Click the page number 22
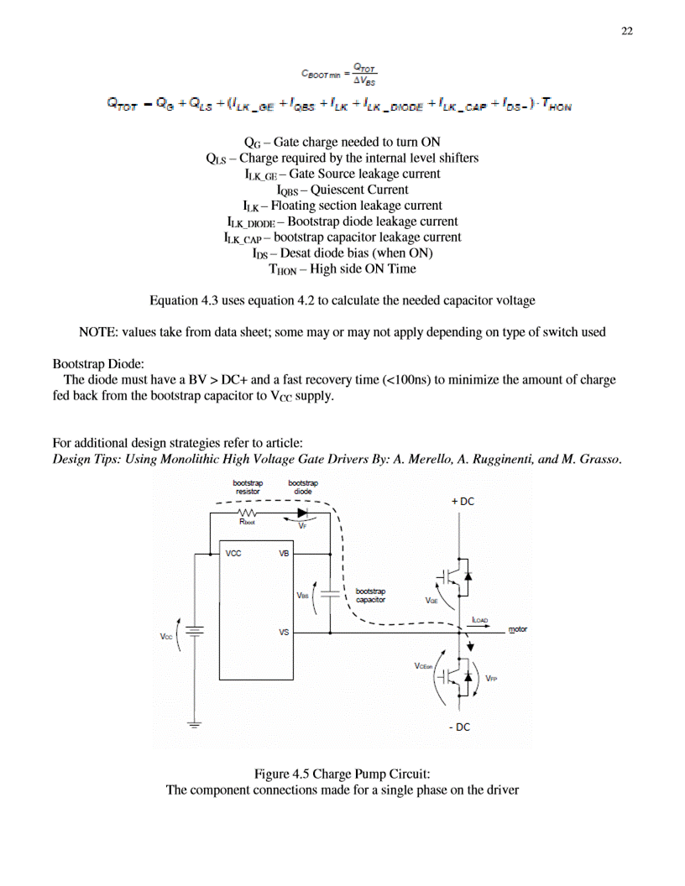click(x=626, y=31)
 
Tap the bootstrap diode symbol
click(x=302, y=512)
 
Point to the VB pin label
click(x=285, y=554)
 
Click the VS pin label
click(x=285, y=632)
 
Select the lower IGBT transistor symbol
click(x=453, y=676)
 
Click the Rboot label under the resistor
click(x=247, y=522)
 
